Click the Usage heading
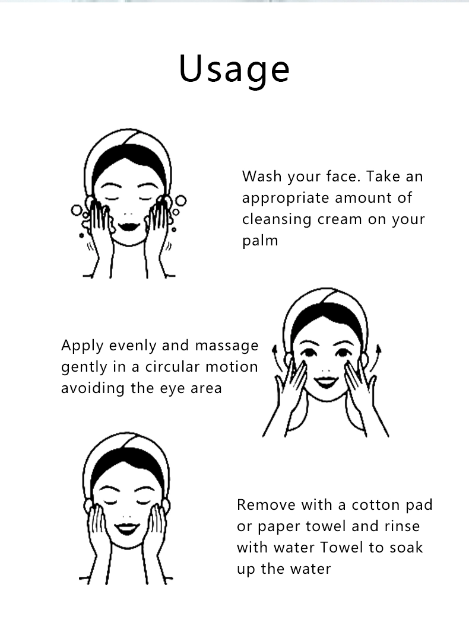pyautogui.click(x=235, y=70)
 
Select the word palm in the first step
pyautogui.click(x=260, y=241)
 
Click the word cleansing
pyautogui.click(x=277, y=219)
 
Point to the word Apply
pyautogui.click(x=83, y=346)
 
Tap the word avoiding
pyautogui.click(x=93, y=388)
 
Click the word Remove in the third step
pyautogui.click(x=266, y=504)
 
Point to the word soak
pyautogui.click(x=405, y=548)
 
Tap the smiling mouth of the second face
pyautogui.click(x=326, y=382)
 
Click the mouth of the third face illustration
pyautogui.click(x=127, y=529)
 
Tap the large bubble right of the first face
pyautogui.click(x=181, y=200)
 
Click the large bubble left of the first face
pyautogui.click(x=77, y=210)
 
